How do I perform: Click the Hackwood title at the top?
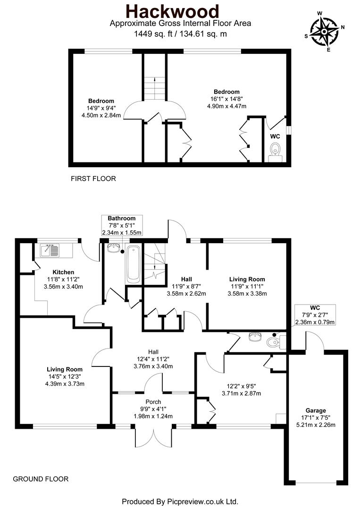[x=180, y=10]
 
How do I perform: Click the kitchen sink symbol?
[x=50, y=250]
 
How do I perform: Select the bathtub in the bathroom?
[x=133, y=264]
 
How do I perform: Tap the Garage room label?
[x=315, y=410]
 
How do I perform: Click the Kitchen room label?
[x=63, y=272]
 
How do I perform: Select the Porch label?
[x=153, y=402]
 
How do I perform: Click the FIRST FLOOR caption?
[x=93, y=178]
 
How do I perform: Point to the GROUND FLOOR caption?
[x=41, y=479]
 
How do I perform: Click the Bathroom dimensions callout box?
[x=121, y=225]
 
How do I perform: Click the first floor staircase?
[x=154, y=88]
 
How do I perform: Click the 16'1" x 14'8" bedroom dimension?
[x=226, y=99]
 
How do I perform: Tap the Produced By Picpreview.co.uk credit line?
[x=180, y=501]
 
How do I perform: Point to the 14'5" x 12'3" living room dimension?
[x=65, y=376]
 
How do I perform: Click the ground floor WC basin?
[x=254, y=337]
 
